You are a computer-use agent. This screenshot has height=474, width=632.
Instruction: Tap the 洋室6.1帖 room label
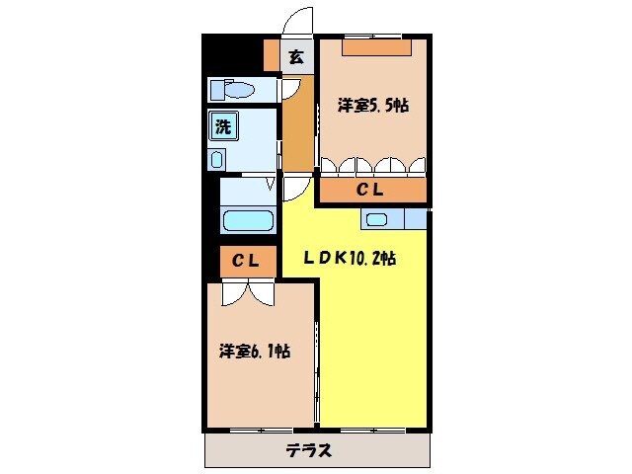pyautogui.click(x=254, y=351)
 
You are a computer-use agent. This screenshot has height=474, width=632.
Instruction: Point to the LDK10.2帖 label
pyautogui.click(x=350, y=259)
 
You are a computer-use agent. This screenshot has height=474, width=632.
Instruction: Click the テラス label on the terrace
pyautogui.click(x=308, y=451)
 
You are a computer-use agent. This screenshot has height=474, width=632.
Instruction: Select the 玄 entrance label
pyautogui.click(x=295, y=56)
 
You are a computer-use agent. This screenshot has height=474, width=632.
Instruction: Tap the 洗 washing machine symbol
pyautogui.click(x=223, y=125)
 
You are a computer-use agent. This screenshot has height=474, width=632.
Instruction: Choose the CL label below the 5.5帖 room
pyautogui.click(x=370, y=190)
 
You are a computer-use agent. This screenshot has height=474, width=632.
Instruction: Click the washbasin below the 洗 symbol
pyautogui.click(x=217, y=159)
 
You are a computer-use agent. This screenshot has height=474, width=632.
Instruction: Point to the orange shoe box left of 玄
pyautogui.click(x=272, y=56)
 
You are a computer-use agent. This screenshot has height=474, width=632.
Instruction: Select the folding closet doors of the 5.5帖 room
pyautogui.click(x=372, y=163)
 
